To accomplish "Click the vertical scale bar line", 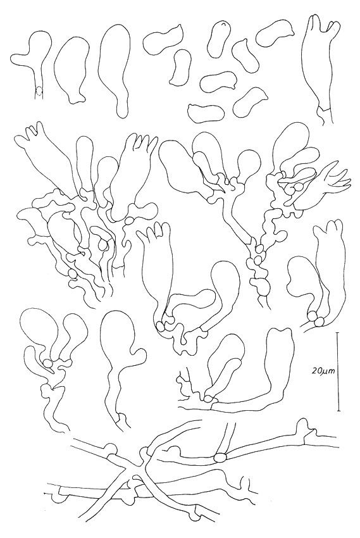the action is pos(338,372).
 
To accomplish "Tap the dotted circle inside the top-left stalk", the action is pos(40,91).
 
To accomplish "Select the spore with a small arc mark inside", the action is pos(220,39).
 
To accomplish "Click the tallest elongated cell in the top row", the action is pos(115,70).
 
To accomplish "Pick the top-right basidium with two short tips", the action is pos(319,67).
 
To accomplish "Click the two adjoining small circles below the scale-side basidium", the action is pos(316,318).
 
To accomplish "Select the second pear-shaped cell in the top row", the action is pos(72,68).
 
